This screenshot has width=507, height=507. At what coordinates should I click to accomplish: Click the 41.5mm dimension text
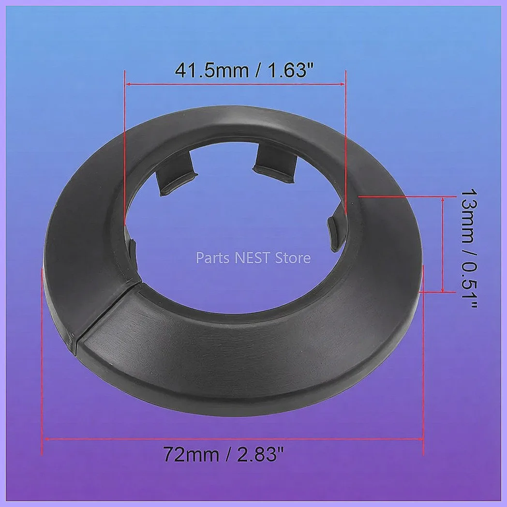210,71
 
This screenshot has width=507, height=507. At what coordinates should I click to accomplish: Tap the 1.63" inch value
289,71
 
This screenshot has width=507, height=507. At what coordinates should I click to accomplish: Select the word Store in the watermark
292,258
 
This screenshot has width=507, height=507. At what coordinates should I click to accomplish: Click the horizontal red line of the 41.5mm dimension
235,84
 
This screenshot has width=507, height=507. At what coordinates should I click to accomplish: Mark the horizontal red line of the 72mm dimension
232,439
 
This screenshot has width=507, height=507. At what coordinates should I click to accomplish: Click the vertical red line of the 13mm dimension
443,244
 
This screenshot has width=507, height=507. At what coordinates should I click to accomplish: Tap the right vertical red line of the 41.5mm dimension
346,145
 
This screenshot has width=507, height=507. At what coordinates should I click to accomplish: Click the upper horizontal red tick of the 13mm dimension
406,196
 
